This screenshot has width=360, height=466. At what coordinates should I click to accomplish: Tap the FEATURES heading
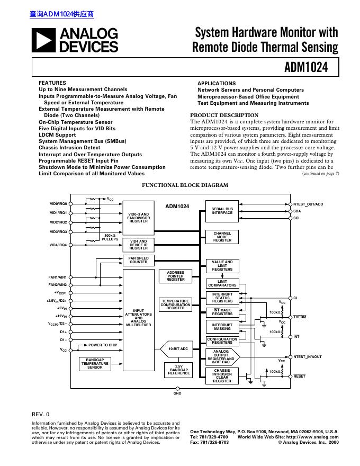(52, 83)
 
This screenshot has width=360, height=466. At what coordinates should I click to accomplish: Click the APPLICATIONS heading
(217, 84)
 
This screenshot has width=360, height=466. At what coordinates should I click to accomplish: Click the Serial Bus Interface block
(222, 211)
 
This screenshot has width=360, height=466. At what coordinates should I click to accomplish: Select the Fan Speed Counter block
(139, 260)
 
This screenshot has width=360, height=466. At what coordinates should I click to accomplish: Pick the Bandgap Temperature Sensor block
(95, 364)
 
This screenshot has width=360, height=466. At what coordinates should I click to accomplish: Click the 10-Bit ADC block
(178, 349)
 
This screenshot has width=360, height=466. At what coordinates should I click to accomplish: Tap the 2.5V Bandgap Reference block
(178, 370)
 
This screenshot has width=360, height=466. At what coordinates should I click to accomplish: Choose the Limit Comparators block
(222, 283)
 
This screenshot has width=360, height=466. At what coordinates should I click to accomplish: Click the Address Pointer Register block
(175, 276)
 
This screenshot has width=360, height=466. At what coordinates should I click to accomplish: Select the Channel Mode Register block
(222, 237)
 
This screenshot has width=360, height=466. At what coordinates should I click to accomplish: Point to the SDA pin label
(297, 211)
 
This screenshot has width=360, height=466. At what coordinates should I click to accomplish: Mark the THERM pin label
(300, 317)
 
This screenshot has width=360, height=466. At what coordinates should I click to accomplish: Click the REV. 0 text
(41, 414)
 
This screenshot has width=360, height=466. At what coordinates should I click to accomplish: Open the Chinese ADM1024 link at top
(57, 14)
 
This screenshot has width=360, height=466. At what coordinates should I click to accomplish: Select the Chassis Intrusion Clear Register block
(222, 375)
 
